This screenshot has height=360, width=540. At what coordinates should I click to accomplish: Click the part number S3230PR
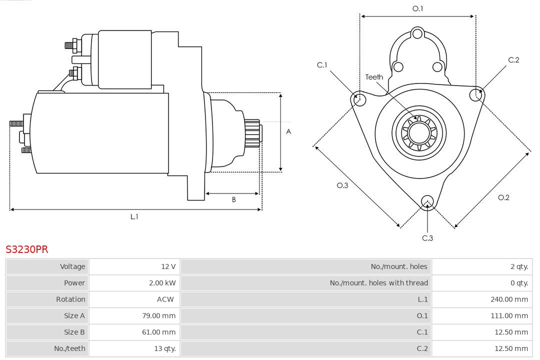(27, 249)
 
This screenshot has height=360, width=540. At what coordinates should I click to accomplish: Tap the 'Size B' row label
(74, 332)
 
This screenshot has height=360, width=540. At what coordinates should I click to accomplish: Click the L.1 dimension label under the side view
(134, 216)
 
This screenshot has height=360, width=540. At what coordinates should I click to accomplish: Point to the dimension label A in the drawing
(288, 132)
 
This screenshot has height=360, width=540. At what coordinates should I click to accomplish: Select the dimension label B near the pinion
(233, 199)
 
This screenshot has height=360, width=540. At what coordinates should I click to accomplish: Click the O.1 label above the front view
(417, 8)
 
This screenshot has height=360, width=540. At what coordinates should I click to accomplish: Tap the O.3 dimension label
(342, 185)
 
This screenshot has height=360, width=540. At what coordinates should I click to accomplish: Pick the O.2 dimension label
(503, 197)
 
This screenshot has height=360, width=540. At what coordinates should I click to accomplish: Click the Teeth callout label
(374, 77)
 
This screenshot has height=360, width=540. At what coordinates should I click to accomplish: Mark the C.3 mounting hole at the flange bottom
(427, 201)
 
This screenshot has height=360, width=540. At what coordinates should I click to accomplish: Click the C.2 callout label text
(513, 60)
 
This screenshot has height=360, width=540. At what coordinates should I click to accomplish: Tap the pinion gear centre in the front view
(419, 133)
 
